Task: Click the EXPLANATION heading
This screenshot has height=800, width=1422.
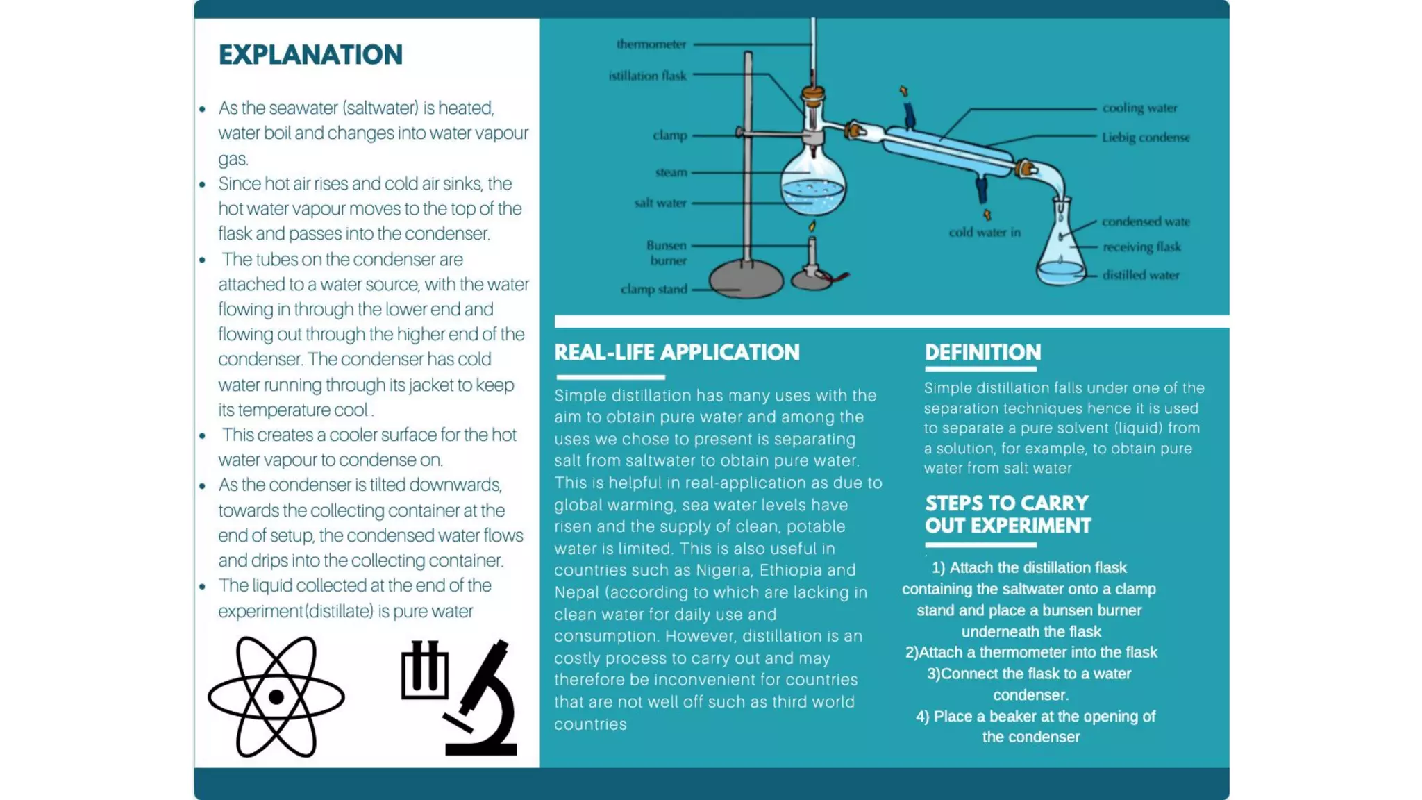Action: pyautogui.click(x=310, y=55)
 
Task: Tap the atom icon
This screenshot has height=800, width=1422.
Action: pyautogui.click(x=276, y=697)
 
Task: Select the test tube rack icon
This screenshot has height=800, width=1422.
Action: pyautogui.click(x=424, y=669)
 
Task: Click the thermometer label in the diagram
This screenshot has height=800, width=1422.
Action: pyautogui.click(x=651, y=44)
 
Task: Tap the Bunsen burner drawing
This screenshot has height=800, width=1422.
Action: pyautogui.click(x=812, y=267)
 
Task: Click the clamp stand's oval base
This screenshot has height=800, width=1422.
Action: pyautogui.click(x=746, y=279)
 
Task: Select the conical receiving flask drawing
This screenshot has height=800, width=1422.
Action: pyautogui.click(x=1060, y=250)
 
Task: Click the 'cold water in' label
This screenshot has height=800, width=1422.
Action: pyautogui.click(x=985, y=233)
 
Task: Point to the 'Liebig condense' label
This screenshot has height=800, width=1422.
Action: pyautogui.click(x=1146, y=137)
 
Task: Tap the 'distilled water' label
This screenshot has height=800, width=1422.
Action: pyautogui.click(x=1141, y=275)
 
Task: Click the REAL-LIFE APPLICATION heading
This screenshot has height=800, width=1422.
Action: pyautogui.click(x=677, y=352)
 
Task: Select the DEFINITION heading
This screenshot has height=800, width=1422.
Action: pyautogui.click(x=982, y=352)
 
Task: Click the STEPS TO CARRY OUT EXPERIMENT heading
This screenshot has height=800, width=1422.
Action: pyautogui.click(x=1007, y=514)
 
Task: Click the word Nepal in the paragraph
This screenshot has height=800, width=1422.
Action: pyautogui.click(x=576, y=592)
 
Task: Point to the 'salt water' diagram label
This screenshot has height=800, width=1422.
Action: pyautogui.click(x=660, y=203)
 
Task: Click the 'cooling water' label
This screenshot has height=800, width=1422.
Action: pyautogui.click(x=1139, y=108)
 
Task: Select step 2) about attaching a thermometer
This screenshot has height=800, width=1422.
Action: pyautogui.click(x=1031, y=652)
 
